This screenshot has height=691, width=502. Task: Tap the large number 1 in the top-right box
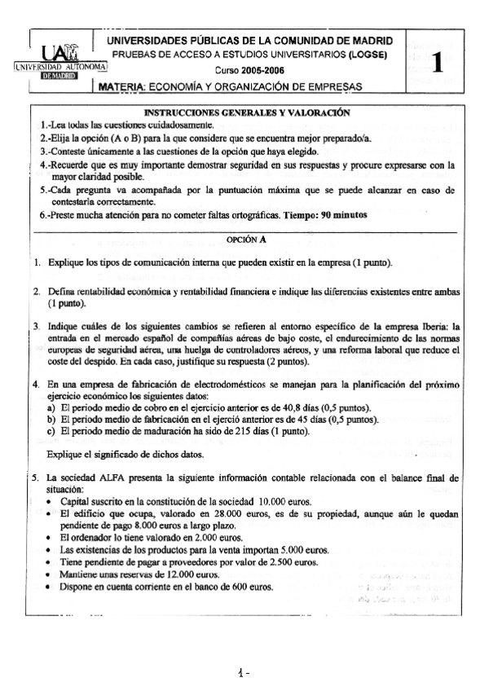point(441,63)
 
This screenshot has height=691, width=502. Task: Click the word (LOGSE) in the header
point(364,55)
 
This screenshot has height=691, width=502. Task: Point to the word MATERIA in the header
point(122,86)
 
